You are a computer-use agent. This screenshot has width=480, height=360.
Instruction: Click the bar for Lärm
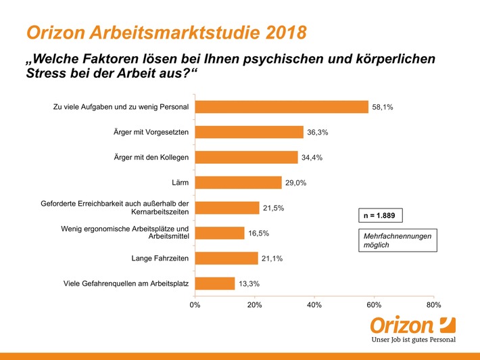click(238, 183)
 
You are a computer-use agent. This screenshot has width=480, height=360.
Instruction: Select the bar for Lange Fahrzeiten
click(226, 258)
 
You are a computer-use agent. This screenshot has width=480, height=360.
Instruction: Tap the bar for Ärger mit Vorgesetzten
click(249, 132)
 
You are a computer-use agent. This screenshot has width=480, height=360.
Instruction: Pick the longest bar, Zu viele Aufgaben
click(281, 107)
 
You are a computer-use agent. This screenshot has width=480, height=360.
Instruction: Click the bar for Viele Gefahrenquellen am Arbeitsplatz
click(215, 284)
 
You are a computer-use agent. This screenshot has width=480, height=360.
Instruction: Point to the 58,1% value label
click(383, 108)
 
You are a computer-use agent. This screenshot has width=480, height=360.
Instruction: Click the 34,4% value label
click(312, 158)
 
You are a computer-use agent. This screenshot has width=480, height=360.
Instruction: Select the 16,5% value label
click(259, 233)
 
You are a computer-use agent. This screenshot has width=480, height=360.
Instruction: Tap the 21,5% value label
click(274, 208)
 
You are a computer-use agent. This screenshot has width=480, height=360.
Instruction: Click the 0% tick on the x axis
click(195, 305)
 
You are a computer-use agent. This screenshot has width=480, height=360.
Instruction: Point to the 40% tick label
click(314, 305)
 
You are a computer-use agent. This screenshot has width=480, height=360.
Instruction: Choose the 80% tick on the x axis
click(433, 305)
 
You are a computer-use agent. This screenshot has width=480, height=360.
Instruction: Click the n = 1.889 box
click(381, 217)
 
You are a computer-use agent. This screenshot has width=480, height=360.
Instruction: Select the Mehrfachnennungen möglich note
click(397, 240)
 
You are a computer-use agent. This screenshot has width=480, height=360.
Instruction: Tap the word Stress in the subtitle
click(47, 74)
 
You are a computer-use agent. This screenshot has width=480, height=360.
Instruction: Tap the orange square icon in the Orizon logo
click(447, 323)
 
